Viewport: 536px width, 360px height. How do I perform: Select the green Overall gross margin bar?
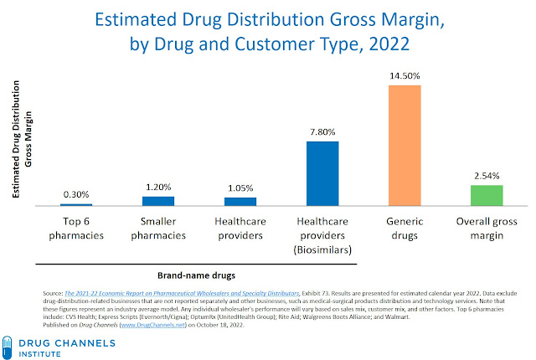coord(486,195)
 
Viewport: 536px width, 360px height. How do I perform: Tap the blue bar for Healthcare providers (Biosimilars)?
coord(322,173)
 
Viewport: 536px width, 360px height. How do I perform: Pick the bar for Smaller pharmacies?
coord(158,201)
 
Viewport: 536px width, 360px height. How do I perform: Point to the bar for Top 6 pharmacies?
coord(76,204)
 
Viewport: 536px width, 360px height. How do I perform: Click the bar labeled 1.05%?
coord(240,201)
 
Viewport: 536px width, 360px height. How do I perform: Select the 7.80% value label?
coord(322,131)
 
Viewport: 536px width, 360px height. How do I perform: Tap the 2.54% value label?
coord(486,175)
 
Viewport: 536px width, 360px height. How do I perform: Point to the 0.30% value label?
coord(76,194)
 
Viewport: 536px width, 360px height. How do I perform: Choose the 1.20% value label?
coord(158,187)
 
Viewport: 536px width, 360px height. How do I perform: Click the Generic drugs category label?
coord(405,229)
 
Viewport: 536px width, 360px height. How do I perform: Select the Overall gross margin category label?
coord(486,229)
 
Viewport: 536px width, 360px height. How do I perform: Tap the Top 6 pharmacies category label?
coord(76,229)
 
